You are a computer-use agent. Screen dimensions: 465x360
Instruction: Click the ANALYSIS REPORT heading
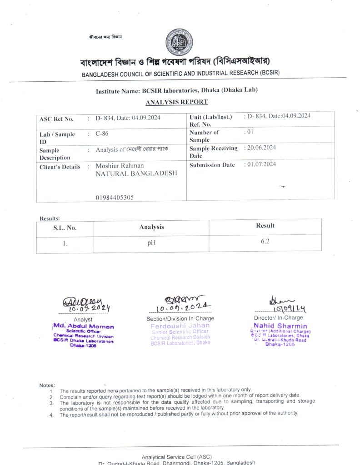tap(177, 102)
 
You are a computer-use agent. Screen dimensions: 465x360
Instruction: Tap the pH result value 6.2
tap(265, 241)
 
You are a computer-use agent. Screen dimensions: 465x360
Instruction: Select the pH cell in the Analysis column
tap(151, 243)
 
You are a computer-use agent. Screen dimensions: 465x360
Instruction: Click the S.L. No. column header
tap(65, 228)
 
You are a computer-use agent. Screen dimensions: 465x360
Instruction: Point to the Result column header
tap(265, 225)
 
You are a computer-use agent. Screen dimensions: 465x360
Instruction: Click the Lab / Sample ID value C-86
tap(102, 134)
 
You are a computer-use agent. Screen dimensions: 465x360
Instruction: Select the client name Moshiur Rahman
tap(120, 166)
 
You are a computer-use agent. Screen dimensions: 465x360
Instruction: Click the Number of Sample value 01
tap(248, 132)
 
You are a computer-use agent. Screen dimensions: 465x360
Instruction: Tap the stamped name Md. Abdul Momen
tap(84, 326)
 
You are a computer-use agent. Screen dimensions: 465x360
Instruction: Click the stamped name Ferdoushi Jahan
tap(180, 325)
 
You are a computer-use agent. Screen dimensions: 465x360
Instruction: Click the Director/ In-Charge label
tap(278, 318)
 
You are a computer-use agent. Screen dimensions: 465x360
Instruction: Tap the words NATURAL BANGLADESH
tap(136, 174)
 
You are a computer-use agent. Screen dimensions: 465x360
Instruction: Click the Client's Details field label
tap(60, 167)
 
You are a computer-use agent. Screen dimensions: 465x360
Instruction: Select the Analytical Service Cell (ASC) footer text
tap(177, 456)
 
